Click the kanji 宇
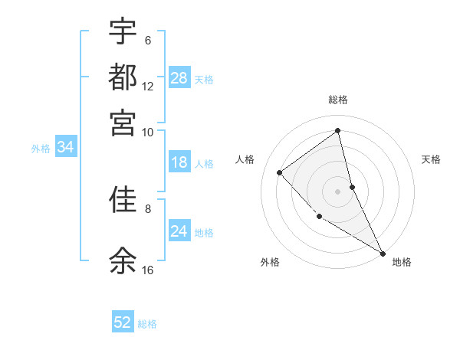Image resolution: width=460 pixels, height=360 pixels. click(x=123, y=31)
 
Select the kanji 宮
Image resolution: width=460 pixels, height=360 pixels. click(x=123, y=122)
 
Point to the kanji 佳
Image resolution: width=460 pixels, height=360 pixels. click(x=123, y=200)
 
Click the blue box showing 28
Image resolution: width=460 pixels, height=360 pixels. click(x=179, y=78)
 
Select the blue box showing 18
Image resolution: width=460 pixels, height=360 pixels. click(x=179, y=162)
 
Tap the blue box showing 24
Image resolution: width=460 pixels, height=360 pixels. click(x=179, y=231)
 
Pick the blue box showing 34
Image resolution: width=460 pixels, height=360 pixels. click(x=65, y=148)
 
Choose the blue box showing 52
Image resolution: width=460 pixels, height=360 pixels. click(x=123, y=322)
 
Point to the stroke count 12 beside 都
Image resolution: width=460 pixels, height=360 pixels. click(x=147, y=87)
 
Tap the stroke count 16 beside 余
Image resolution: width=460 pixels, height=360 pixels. click(x=147, y=270)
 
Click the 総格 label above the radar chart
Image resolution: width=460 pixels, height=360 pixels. click(x=338, y=100)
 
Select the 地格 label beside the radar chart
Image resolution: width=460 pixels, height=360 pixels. click(x=402, y=262)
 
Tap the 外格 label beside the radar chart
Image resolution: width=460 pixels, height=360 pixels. click(x=270, y=262)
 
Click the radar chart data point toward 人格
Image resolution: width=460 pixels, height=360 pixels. click(x=280, y=172)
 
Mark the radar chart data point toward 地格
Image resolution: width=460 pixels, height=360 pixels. click(x=382, y=252)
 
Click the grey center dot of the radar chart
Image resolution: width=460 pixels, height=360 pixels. click(x=337, y=191)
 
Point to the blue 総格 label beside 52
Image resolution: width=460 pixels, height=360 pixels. click(x=147, y=324)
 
